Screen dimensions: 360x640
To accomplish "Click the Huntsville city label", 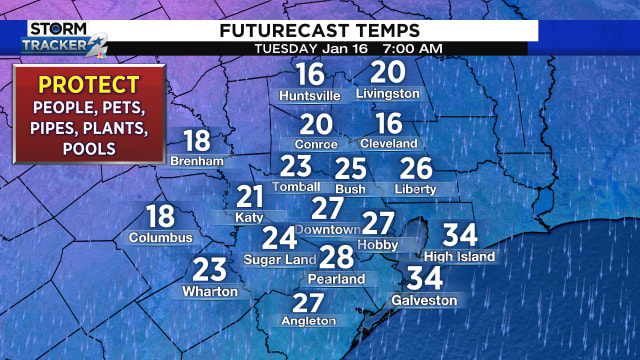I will tap(310, 95).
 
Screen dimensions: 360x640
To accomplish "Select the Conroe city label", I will tap(316, 144).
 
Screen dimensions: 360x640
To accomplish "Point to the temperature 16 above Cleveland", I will tap(388, 123).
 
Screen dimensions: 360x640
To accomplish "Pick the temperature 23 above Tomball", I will tap(296, 166).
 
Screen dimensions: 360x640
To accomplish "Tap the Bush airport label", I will tap(350, 188).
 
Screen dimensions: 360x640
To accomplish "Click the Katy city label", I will tap(249, 217).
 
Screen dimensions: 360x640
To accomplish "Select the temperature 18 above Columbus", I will tap(160, 215).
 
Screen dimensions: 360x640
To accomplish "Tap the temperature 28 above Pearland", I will tap(337, 256).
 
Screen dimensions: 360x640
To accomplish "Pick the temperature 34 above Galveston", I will tap(424, 278).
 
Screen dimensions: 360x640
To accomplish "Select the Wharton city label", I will tap(210, 291).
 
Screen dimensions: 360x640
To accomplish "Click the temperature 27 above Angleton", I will tap(308, 302).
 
